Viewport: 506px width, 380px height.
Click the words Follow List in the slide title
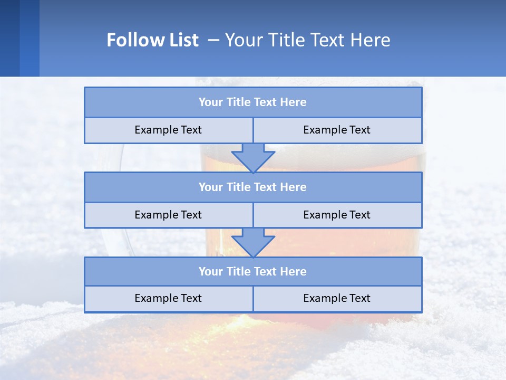tap(152, 40)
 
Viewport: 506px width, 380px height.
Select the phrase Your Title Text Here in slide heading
tap(307, 40)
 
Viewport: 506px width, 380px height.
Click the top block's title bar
tap(253, 102)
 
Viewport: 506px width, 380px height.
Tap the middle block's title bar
tap(253, 187)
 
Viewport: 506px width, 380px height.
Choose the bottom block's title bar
tap(253, 272)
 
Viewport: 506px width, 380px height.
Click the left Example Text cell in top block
tap(168, 130)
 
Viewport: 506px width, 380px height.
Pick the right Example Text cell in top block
tap(337, 130)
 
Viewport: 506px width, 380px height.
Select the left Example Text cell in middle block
tap(168, 215)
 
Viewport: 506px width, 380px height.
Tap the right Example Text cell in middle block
tap(337, 215)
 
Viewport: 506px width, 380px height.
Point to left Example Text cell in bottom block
tap(168, 299)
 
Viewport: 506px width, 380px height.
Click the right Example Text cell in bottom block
tap(337, 299)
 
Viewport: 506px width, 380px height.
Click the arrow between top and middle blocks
tap(253, 157)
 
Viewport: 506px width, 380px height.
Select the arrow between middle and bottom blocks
tap(253, 242)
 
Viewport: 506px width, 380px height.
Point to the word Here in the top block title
tap(294, 102)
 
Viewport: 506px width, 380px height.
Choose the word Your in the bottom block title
tap(210, 272)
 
